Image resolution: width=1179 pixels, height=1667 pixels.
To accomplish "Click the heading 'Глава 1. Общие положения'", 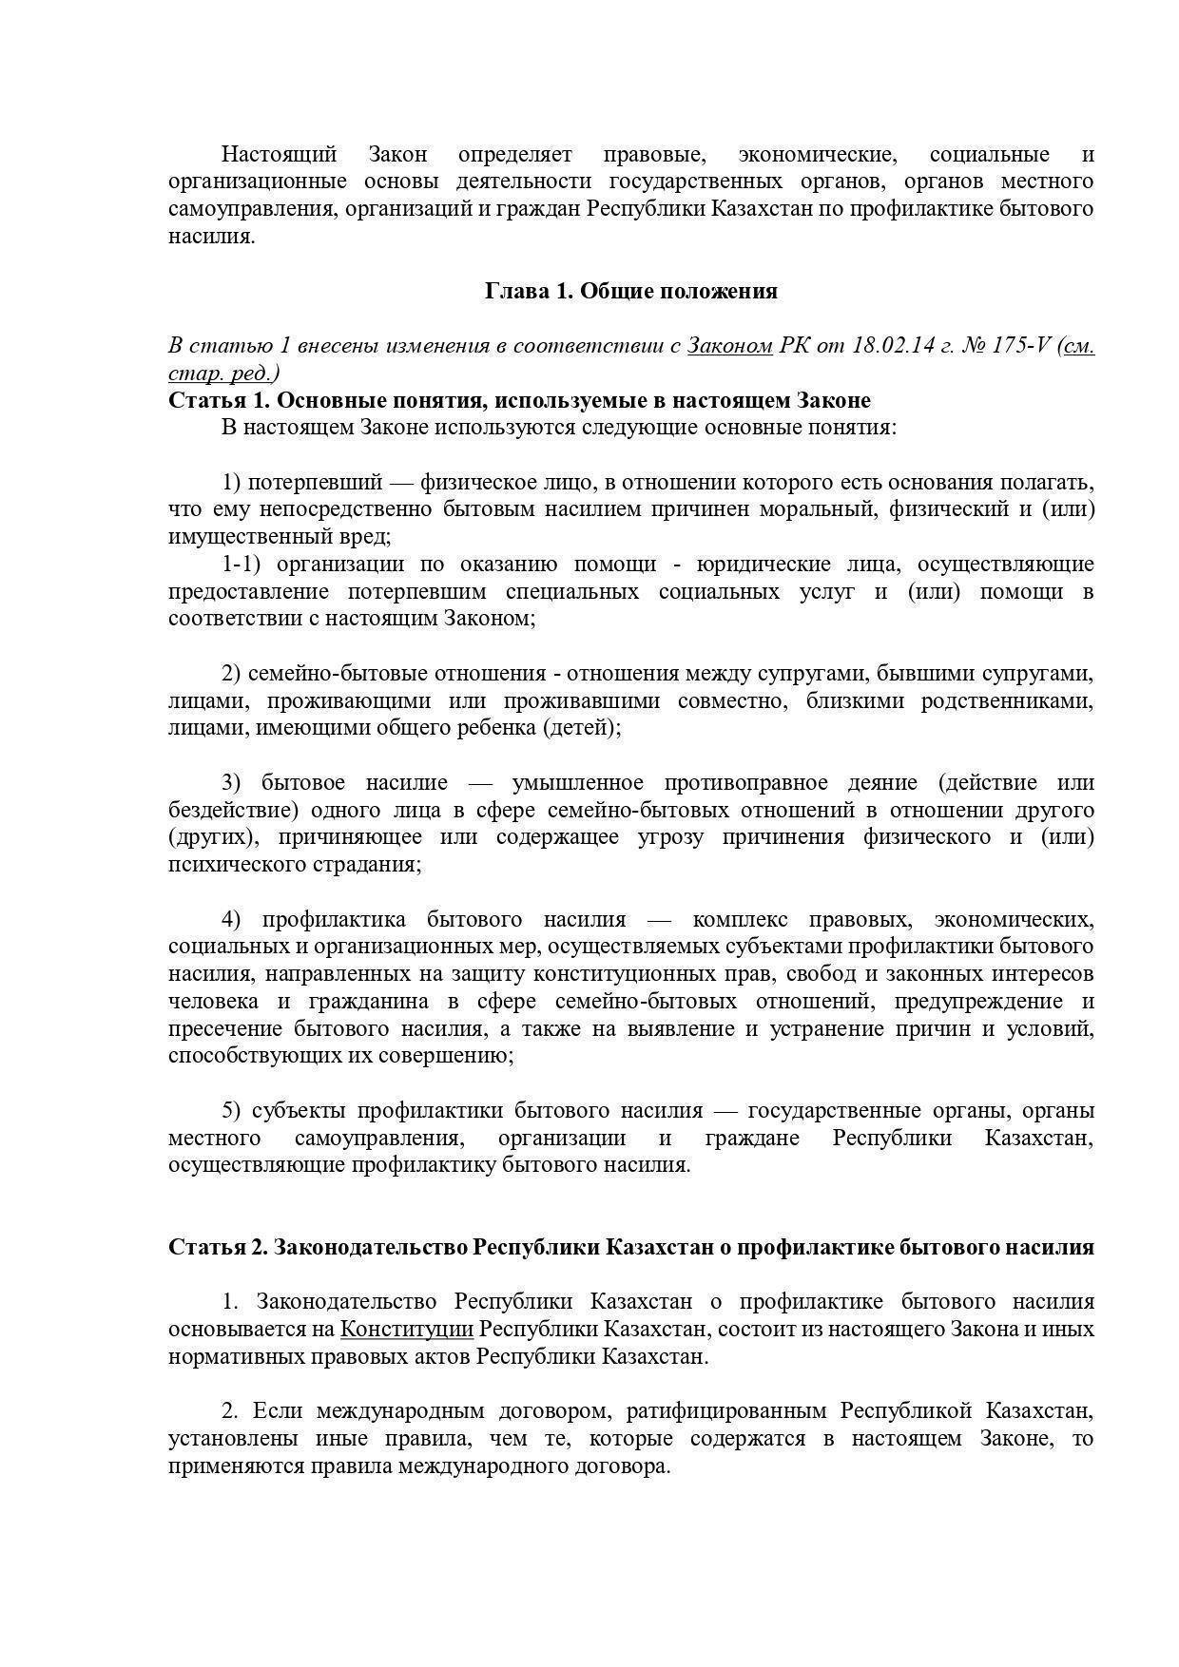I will [631, 291].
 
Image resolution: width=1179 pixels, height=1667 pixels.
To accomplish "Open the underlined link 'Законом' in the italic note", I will [729, 345].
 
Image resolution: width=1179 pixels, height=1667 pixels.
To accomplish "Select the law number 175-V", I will [1021, 345].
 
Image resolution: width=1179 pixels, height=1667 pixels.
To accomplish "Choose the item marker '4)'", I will [232, 920].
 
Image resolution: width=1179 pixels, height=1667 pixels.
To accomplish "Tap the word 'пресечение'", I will [224, 1029].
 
